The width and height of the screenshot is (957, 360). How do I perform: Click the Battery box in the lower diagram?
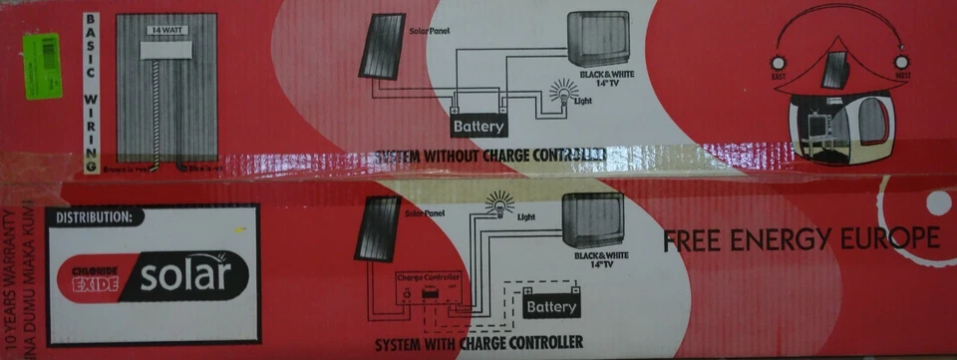point(551,307)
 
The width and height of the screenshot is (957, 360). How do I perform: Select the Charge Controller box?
point(430,291)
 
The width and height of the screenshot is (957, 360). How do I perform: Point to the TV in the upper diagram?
point(598,39)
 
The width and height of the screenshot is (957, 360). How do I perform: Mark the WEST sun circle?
point(902,63)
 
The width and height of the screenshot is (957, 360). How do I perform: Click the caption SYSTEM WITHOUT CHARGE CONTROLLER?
point(488,157)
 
